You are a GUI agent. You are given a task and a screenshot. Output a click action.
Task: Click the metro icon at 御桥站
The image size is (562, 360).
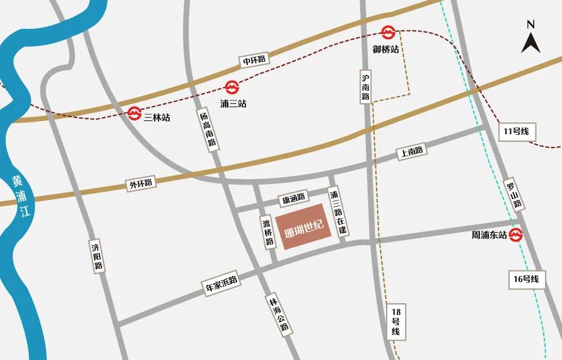[x=388, y=32]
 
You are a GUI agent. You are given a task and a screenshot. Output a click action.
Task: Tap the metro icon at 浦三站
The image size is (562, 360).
[x=232, y=88]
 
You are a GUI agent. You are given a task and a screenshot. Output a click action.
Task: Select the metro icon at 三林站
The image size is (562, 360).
[x=134, y=113]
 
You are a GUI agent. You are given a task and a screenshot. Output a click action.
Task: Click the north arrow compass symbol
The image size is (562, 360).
[x=530, y=38]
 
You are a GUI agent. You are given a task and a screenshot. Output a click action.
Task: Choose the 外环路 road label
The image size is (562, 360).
[x=141, y=184]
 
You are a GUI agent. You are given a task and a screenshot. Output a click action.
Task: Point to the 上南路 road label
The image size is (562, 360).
[x=411, y=151]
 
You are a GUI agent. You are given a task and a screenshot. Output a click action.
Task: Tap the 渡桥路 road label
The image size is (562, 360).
[x=268, y=231]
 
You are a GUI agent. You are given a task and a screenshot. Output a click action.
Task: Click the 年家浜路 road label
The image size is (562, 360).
[x=221, y=282]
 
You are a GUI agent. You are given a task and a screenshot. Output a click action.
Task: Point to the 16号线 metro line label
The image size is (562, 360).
[x=527, y=278]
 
